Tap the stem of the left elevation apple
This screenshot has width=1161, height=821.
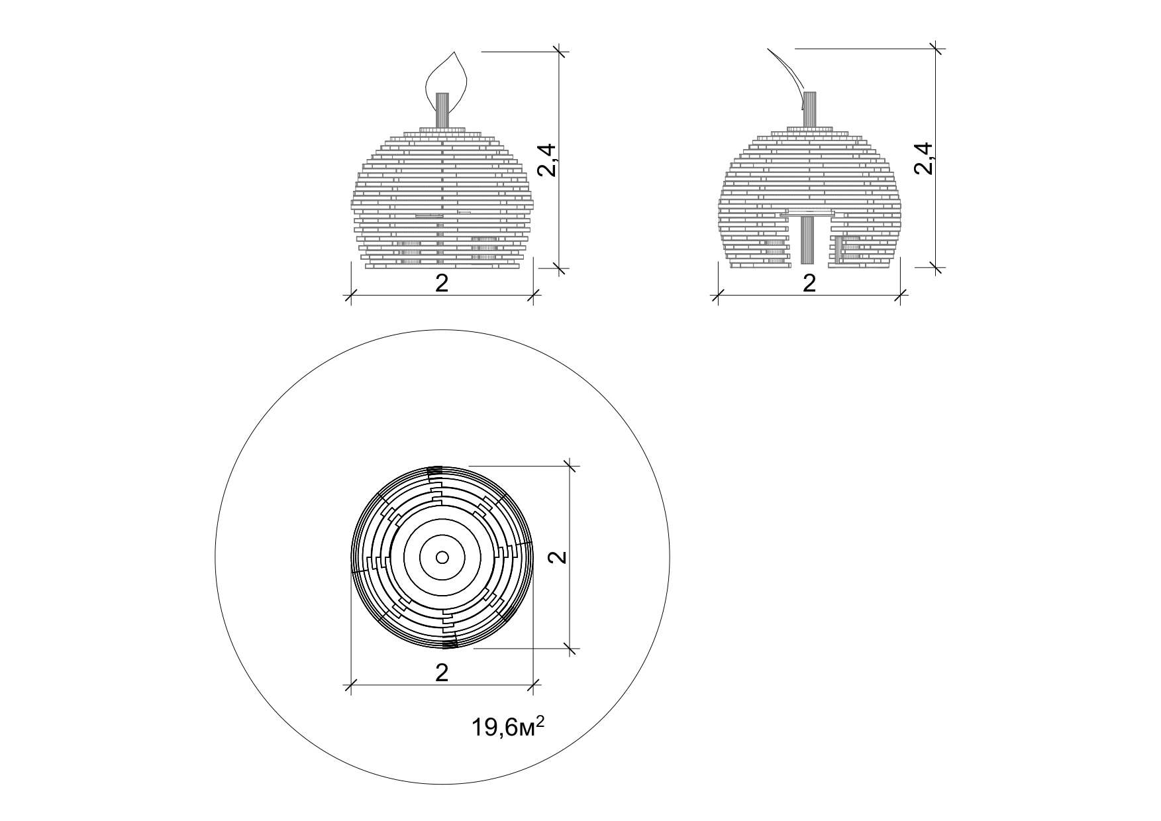(x=442, y=111)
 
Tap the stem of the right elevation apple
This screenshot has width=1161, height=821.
(x=809, y=109)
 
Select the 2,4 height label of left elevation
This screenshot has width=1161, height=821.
(x=548, y=160)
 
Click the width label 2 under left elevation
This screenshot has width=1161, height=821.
(x=442, y=284)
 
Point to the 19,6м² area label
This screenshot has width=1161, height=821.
(x=508, y=728)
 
